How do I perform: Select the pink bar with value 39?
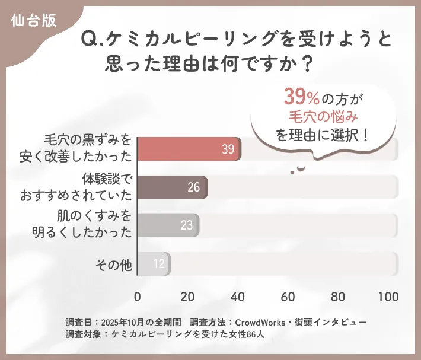189,149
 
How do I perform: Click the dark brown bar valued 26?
172,187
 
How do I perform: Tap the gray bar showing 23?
168,225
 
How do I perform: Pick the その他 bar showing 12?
154,263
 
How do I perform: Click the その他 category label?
113,264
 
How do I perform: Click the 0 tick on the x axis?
138,297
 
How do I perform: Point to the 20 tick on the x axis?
188,297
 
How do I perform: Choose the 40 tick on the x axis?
238,297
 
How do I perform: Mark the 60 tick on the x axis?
289,297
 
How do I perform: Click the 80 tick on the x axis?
339,297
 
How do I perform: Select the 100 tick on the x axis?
388,297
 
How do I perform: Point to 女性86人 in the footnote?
251,334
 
